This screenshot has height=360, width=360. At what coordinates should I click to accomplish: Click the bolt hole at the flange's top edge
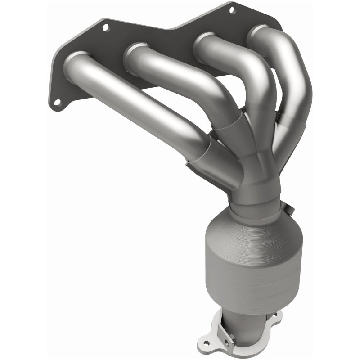[x=232, y=9]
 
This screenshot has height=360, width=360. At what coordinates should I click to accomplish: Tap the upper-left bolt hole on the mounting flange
[x=106, y=27]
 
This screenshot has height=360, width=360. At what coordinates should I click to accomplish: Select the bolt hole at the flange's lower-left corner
[x=57, y=103]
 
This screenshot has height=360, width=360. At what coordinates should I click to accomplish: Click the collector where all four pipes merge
[x=256, y=171]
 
